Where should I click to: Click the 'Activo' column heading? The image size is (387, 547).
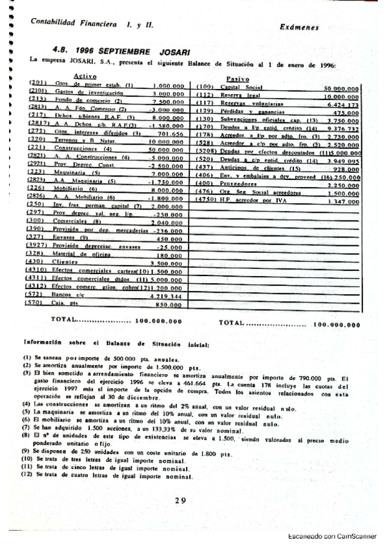pos(86,77)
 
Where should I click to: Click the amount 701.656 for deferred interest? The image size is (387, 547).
pos(171,134)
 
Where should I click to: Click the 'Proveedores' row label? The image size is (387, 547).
pos(238,184)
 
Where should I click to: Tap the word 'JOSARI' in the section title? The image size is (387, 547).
pos(173,50)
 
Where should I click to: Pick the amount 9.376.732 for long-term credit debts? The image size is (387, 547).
pos(342,128)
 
